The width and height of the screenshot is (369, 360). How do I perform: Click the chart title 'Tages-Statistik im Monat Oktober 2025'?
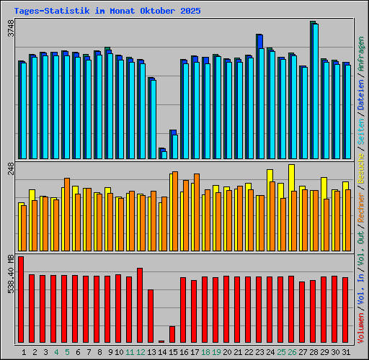(x=107, y=12)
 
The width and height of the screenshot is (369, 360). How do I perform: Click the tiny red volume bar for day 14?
(x=161, y=341)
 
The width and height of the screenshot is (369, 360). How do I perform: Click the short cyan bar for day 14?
(x=164, y=154)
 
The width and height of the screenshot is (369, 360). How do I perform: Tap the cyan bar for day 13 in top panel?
(x=153, y=120)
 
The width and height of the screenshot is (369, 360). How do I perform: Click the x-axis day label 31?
(x=346, y=352)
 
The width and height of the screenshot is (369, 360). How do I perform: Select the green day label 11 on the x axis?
(x=130, y=352)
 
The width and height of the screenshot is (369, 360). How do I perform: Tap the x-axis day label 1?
(x=24, y=352)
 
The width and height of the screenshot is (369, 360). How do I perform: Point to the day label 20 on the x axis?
(x=227, y=352)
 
